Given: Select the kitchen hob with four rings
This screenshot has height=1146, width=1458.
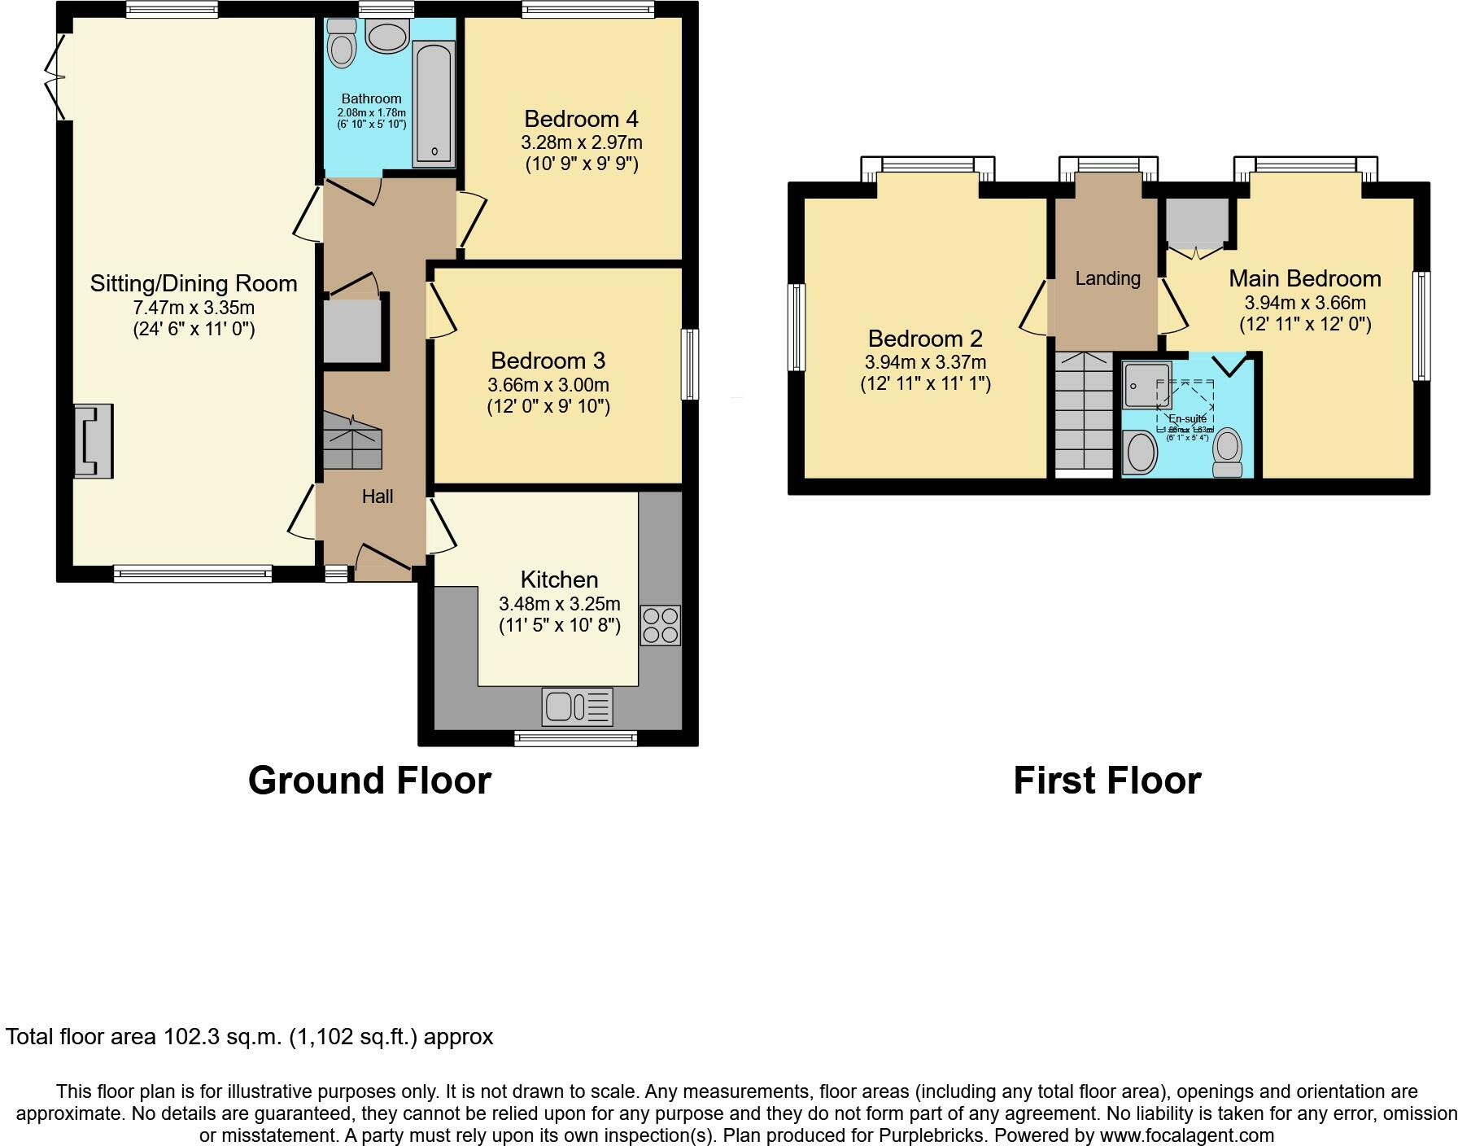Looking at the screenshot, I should point(660,625).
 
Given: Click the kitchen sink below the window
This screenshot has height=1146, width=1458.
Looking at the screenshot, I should point(577,706).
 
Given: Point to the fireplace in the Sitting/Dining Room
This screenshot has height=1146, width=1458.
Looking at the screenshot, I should point(93,440).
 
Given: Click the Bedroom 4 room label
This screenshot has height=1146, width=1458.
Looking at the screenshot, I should point(581,120).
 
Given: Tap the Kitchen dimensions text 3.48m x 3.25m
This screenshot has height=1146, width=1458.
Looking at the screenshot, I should point(559,604).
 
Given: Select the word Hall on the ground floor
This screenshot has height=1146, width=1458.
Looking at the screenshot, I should point(378,496).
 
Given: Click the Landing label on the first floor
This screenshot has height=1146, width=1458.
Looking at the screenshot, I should point(1107,278).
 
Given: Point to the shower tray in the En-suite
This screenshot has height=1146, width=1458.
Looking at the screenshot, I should point(1146,384).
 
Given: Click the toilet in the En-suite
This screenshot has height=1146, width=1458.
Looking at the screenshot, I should point(1227,453).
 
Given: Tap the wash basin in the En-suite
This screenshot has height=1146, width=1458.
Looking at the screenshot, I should point(1140,453).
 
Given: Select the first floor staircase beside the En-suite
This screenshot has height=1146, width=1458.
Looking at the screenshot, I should point(1084,411).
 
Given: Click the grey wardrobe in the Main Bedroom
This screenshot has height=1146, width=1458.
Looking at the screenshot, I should point(1196,221).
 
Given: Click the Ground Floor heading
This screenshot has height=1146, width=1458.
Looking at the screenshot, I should point(369,780).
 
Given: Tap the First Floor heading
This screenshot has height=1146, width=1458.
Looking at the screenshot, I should point(1107,780).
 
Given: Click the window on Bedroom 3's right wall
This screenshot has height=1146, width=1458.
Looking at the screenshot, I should point(689,364).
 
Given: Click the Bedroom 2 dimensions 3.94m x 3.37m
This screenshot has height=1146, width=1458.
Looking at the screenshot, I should point(925,362).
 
